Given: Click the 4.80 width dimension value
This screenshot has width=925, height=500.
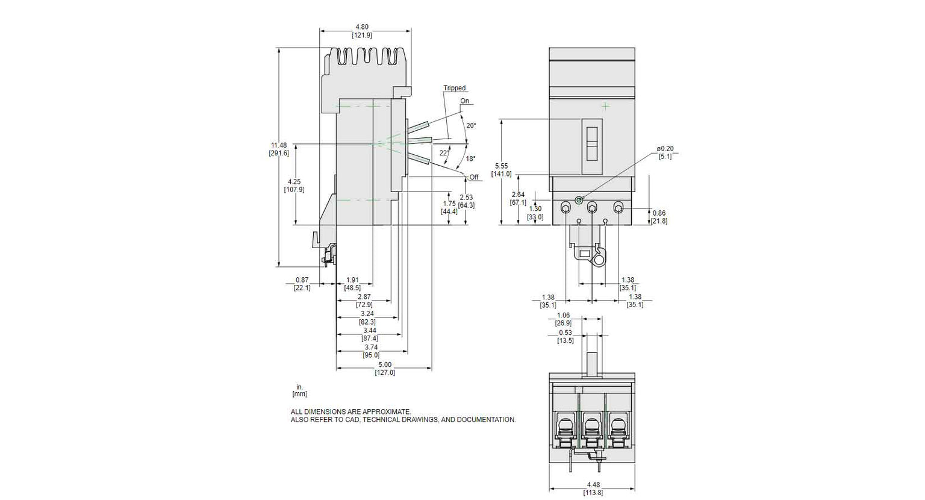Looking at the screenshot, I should click(362, 27).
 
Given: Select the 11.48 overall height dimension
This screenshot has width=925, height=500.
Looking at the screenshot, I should click(279, 145).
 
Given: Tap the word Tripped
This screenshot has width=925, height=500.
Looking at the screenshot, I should click(455, 89).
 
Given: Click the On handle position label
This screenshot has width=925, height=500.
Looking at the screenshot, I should click(464, 101).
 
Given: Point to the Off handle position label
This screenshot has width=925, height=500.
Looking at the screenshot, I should click(474, 177).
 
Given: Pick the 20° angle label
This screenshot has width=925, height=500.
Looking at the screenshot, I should click(471, 125).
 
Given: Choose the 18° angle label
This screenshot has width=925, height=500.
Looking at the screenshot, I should click(470, 159).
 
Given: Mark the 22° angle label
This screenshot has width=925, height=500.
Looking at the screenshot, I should click(444, 153).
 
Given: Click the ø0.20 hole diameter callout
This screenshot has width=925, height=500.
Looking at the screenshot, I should click(665, 149).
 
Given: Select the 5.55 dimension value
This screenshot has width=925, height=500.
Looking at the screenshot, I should click(502, 166).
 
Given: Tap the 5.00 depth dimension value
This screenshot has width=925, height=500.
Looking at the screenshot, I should click(385, 364).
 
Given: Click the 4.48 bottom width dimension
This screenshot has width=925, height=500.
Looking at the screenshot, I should click(593, 485).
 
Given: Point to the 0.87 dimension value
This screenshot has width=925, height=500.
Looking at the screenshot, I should click(302, 280).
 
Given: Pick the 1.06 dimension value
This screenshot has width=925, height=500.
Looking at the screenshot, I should click(563, 315).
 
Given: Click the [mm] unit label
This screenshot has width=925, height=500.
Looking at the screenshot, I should click(300, 394).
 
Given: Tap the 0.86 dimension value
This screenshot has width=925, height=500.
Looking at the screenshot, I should click(659, 213).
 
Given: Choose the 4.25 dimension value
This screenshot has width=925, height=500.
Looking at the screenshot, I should click(294, 181).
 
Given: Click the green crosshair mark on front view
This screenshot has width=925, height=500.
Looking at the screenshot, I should click(605, 106).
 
